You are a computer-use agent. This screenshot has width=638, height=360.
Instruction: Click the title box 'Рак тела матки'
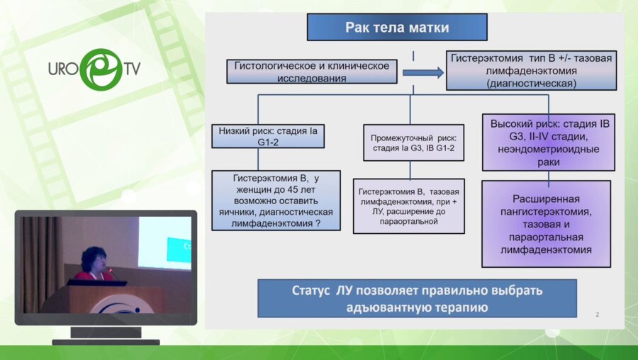click(397, 28)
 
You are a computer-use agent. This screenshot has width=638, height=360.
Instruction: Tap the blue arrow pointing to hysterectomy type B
click(422, 72)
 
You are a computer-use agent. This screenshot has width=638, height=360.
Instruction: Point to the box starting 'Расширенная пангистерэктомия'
click(546, 223)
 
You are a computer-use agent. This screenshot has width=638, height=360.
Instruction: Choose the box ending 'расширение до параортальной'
click(409, 206)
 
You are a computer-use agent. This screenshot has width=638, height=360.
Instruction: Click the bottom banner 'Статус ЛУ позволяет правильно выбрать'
click(416, 298)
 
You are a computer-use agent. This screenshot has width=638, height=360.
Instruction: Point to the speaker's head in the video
click(93, 257)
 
